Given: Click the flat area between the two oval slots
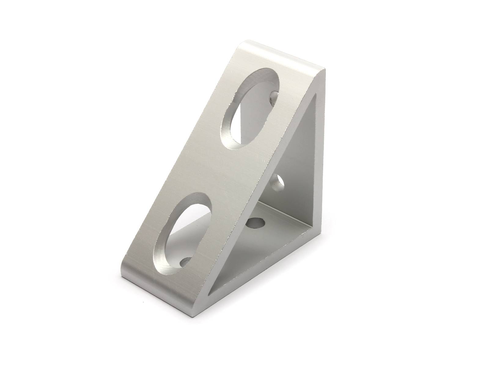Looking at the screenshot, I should pyautogui.click(x=214, y=171).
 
